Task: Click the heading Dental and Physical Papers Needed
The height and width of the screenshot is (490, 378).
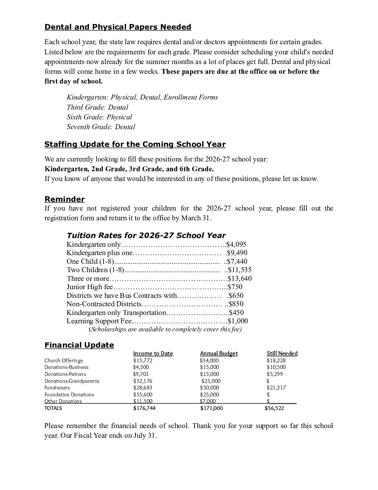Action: point(118,27)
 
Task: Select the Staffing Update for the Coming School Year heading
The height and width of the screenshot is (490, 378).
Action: point(135,144)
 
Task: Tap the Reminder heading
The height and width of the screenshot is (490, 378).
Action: point(65,199)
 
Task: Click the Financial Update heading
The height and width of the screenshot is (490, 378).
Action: point(79,345)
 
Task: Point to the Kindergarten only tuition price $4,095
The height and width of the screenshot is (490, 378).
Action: point(236,245)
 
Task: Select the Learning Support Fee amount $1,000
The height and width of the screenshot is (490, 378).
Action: point(238,321)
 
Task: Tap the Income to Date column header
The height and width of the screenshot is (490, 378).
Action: point(153,354)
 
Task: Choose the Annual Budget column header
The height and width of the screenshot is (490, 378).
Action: point(219,354)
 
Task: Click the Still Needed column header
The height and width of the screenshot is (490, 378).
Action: point(282,354)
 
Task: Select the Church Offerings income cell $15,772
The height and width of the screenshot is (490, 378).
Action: point(143,361)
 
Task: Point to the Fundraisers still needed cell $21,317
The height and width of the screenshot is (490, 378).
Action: point(276,388)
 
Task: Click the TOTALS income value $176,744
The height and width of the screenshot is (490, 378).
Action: point(145,408)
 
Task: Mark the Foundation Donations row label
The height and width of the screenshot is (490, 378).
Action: point(69,395)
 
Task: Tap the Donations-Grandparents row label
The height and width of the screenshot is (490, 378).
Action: point(72,381)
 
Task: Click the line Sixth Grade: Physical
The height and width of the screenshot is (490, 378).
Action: point(99,117)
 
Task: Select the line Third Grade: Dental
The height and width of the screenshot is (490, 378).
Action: point(97,108)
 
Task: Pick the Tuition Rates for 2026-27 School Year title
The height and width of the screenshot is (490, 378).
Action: point(146,236)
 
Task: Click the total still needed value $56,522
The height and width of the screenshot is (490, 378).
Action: point(274,408)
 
